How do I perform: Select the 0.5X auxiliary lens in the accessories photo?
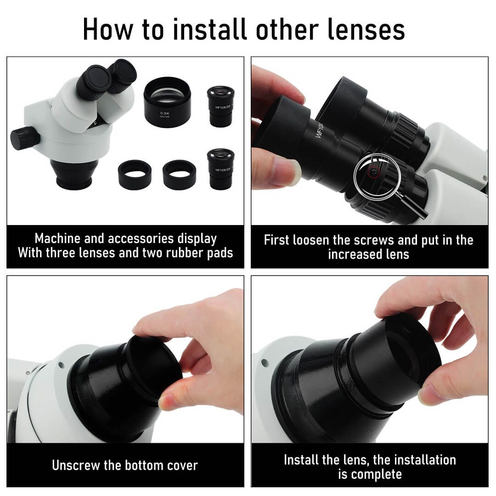(x=167, y=102)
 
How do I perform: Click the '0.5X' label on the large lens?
(x=165, y=113)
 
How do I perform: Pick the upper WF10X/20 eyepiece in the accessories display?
(x=221, y=106)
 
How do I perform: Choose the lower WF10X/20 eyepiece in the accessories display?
(x=221, y=169)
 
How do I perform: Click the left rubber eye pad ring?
(x=135, y=175)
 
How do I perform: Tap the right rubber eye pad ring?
(x=180, y=175)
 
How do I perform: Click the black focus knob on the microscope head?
(x=25, y=138)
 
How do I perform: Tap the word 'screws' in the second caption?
(x=374, y=240)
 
